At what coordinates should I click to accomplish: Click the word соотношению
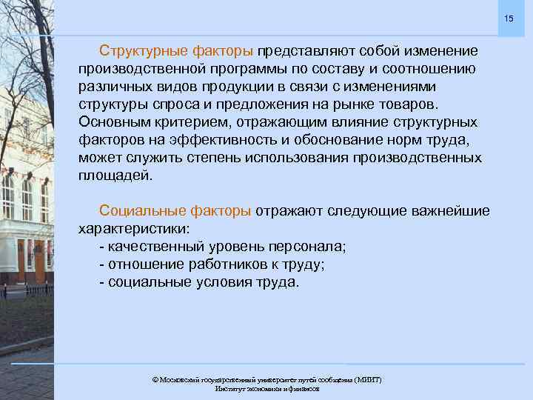[429, 69]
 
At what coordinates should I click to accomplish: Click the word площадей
[114, 176]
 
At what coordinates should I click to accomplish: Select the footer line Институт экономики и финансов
[266, 389]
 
